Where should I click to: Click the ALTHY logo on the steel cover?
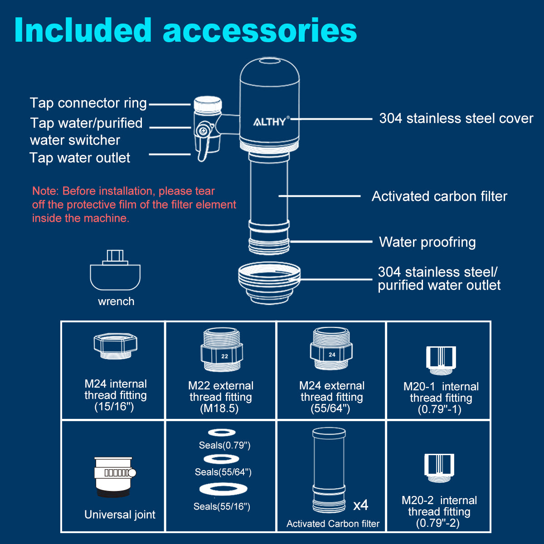[x=270, y=121]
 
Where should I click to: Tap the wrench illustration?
[x=115, y=272]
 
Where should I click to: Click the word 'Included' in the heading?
[x=83, y=31]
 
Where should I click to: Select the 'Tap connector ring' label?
[x=88, y=103]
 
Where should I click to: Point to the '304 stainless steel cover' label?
[x=456, y=119]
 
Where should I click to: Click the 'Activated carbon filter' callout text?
[x=439, y=196]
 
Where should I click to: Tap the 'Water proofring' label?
[x=427, y=242]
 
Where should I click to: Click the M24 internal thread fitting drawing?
[x=115, y=346]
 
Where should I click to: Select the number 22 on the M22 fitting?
[x=224, y=356]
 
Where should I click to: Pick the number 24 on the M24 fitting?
[x=332, y=355]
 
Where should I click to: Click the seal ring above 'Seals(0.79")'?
[x=221, y=432]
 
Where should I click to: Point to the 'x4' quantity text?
[x=361, y=505]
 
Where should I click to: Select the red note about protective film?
[x=134, y=204]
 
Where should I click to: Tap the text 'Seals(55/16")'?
[x=222, y=506]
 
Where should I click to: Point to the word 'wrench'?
[x=116, y=301]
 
